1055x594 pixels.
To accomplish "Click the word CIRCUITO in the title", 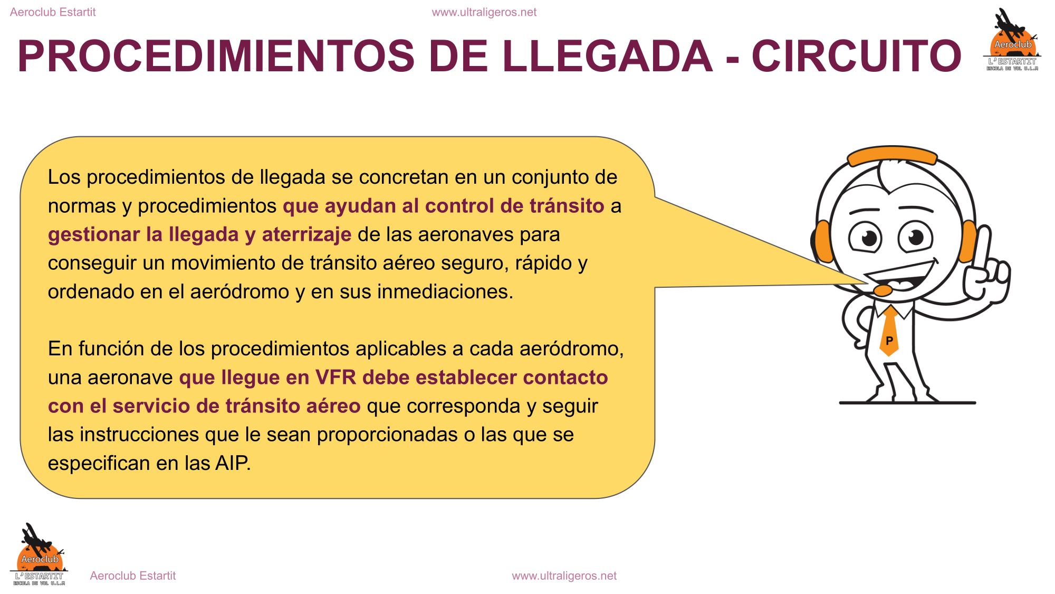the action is pyautogui.click(x=857, y=56).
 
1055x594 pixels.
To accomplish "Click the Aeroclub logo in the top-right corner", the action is pyautogui.click(x=1012, y=40).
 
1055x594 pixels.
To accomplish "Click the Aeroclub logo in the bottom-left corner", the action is pyautogui.click(x=39, y=554).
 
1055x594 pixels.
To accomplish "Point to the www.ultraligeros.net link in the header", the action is pyautogui.click(x=484, y=12).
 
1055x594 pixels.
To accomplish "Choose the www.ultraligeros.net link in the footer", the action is pyautogui.click(x=564, y=576).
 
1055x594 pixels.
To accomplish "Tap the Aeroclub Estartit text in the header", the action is pyautogui.click(x=53, y=12).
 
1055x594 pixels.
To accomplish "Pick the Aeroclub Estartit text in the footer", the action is pyautogui.click(x=133, y=576).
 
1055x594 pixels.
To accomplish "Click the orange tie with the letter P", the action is pyautogui.click(x=889, y=332).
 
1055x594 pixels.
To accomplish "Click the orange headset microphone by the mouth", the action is pyautogui.click(x=883, y=290).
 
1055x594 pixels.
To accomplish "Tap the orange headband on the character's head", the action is pyautogui.click(x=892, y=155).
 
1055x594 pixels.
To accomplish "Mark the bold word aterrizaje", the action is pyautogui.click(x=306, y=234).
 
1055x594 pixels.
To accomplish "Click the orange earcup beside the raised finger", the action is pyautogui.click(x=968, y=241).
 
